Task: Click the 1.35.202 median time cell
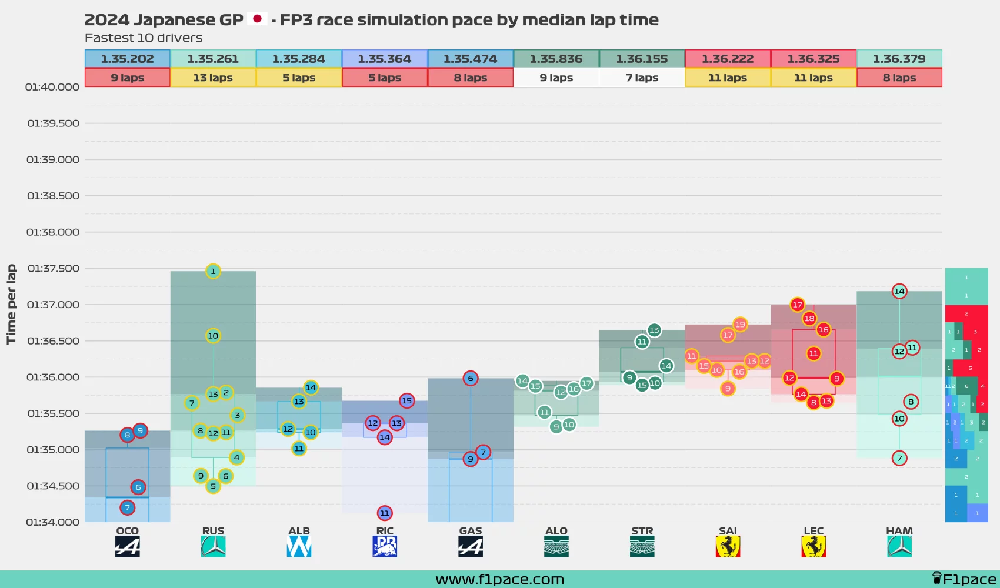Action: tap(127, 59)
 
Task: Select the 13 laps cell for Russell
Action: tap(213, 78)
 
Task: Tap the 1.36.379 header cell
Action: tap(899, 59)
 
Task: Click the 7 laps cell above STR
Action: tap(642, 78)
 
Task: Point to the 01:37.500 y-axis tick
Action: tap(53, 269)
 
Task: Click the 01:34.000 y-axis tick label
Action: tap(53, 522)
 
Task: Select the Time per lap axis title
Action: tap(11, 305)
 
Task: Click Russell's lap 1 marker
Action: tap(213, 271)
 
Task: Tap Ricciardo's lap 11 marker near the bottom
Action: tap(385, 513)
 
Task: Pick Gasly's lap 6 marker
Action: tap(470, 379)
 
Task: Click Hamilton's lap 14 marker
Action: tap(899, 291)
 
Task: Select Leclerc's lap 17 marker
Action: tap(797, 305)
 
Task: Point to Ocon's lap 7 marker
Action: tap(127, 507)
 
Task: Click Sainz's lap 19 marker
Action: tap(740, 325)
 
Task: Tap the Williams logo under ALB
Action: tap(299, 547)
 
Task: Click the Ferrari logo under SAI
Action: tap(728, 547)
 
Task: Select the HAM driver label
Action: tap(899, 531)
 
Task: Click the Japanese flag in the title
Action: tap(257, 19)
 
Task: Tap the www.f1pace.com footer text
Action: tap(499, 580)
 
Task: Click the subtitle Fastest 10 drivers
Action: tap(144, 38)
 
